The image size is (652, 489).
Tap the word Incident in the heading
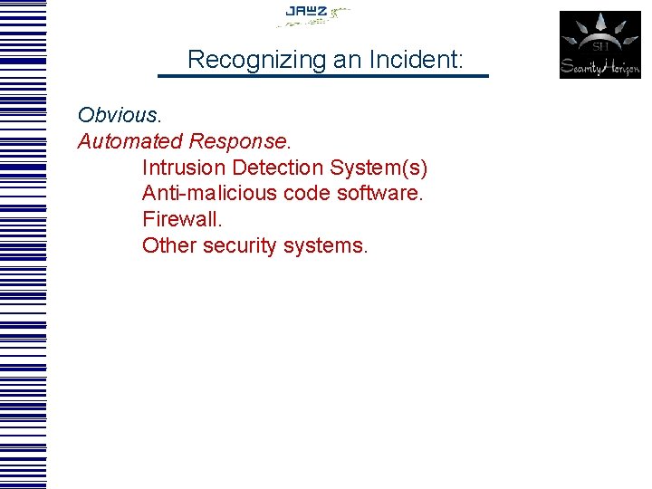(412, 61)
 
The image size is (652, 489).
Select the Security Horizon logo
(599, 44)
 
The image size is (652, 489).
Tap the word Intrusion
(183, 168)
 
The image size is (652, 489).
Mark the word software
(384, 194)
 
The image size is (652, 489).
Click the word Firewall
(181, 220)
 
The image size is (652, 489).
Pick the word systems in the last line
(328, 246)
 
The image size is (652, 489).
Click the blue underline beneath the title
(323, 76)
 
